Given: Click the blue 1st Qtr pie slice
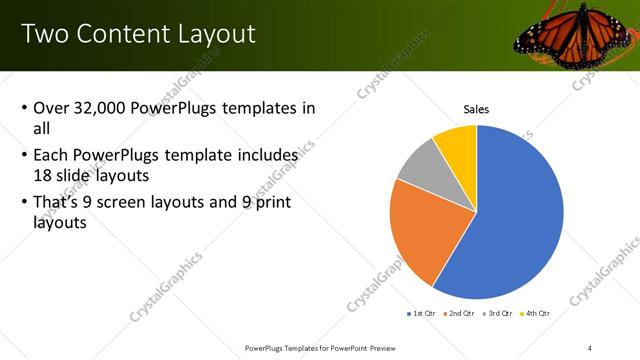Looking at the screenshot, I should coord(520,220).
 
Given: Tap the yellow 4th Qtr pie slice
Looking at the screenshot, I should coord(458,143).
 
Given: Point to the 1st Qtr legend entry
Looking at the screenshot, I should coord(422,314).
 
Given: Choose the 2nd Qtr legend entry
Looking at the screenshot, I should coord(459,314).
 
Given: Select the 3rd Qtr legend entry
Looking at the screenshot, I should coord(496,314).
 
